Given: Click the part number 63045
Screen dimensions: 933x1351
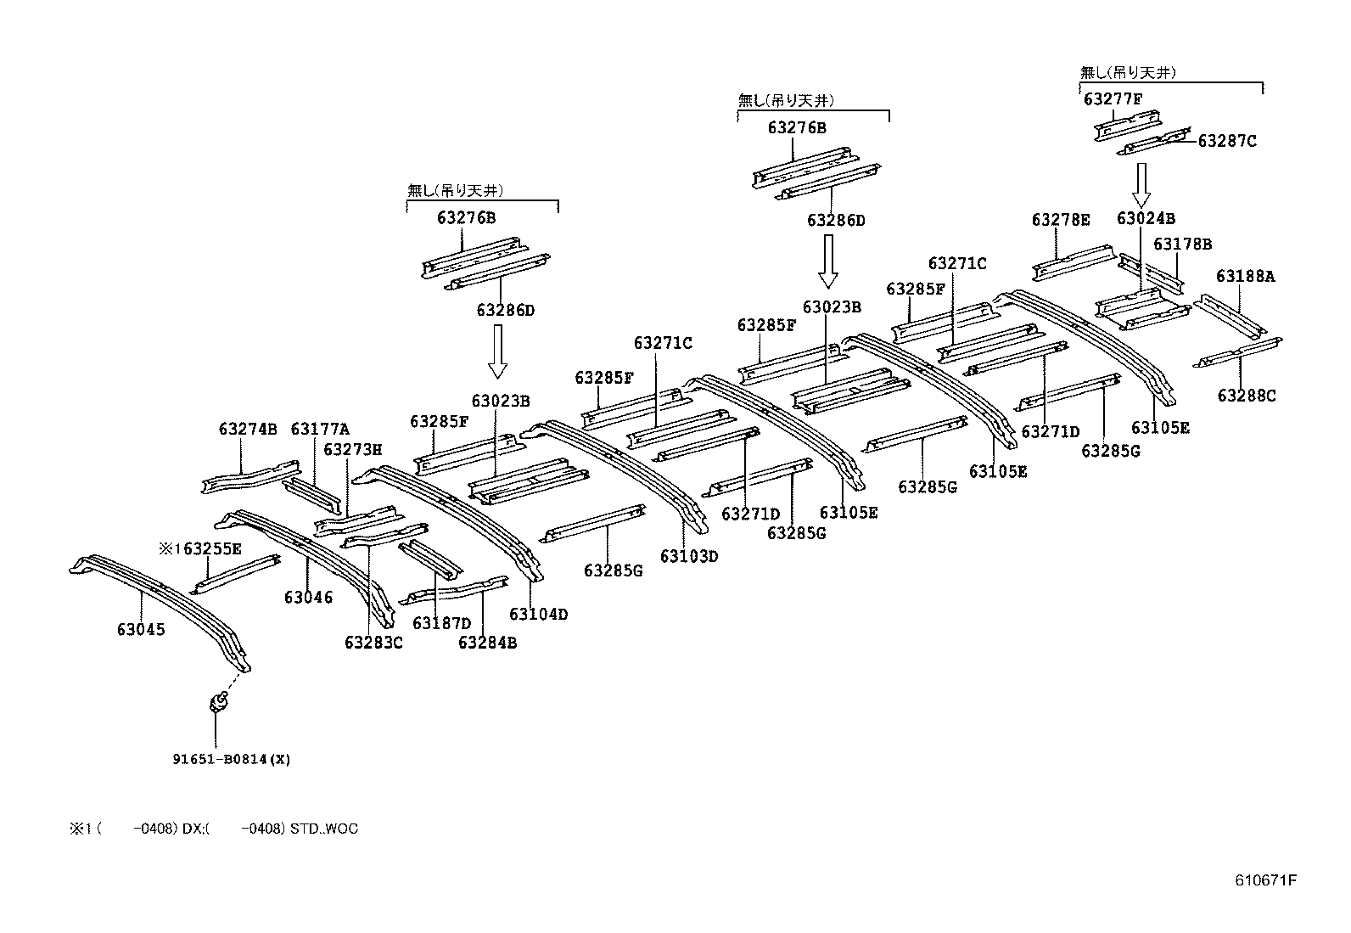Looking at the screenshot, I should click(x=141, y=630).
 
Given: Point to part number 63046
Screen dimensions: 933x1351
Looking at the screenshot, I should click(x=308, y=598).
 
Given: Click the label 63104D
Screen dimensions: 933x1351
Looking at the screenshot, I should click(x=538, y=614).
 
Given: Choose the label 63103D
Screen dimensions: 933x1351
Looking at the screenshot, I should click(x=689, y=556).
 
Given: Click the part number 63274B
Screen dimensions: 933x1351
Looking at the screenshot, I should click(x=248, y=430).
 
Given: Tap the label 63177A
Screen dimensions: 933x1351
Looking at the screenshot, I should click(x=320, y=430).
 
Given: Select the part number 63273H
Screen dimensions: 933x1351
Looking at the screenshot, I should click(x=353, y=449).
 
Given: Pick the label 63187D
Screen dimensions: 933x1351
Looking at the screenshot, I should click(x=441, y=623).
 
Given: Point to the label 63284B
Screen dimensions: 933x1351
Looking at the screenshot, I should click(x=487, y=643).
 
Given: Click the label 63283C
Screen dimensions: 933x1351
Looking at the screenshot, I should click(x=373, y=643).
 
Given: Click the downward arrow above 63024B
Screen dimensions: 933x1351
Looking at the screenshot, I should click(x=1141, y=185).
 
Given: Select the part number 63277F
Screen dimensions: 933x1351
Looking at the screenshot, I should click(x=1113, y=99).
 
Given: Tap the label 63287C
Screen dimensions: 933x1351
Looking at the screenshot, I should click(x=1226, y=141).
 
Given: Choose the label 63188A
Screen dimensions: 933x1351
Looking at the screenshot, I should click(x=1245, y=277).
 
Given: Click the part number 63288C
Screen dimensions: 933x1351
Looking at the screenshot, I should click(x=1246, y=396).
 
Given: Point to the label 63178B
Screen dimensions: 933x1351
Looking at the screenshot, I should click(x=1182, y=244).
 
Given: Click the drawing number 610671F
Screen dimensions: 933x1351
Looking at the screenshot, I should click(x=1265, y=880).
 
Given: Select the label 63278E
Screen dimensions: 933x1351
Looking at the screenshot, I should click(x=1061, y=220).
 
